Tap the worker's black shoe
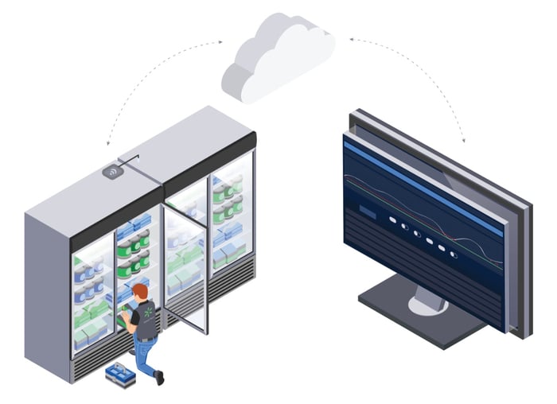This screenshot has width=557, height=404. click(x=159, y=379)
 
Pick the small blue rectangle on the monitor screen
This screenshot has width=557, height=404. click(x=367, y=213)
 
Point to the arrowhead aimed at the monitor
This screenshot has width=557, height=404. click(x=462, y=140)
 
